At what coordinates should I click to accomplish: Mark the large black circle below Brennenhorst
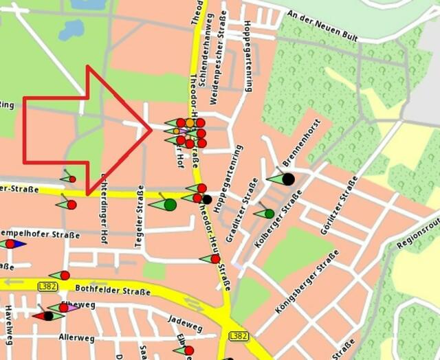point(288,179)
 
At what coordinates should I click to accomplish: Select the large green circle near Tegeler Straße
point(170,204)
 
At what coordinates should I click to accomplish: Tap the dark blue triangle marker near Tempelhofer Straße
point(17,244)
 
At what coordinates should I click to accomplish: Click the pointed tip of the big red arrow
point(151,128)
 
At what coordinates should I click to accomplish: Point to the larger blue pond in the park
point(71,30)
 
